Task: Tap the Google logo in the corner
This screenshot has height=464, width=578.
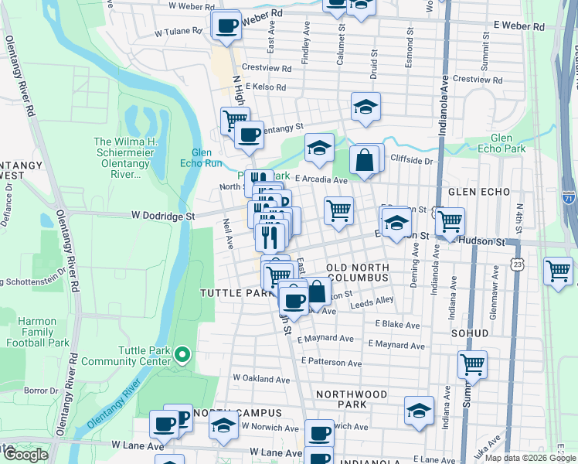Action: [x=25, y=455]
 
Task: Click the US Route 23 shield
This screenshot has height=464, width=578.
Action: [x=515, y=265]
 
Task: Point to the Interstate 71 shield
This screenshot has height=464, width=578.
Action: [x=569, y=196]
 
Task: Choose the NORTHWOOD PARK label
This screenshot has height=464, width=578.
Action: [x=352, y=399]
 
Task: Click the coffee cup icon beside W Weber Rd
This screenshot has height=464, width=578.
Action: [x=226, y=26]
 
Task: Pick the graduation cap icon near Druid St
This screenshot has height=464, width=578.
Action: [x=366, y=107]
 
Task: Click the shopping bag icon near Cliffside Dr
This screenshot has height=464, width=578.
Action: [x=364, y=160]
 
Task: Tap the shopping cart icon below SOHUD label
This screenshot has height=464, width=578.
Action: [x=471, y=363]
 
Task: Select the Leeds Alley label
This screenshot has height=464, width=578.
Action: [x=372, y=300]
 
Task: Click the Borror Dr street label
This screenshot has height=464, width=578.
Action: [x=36, y=391]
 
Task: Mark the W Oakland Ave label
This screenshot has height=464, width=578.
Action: [x=261, y=379]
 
